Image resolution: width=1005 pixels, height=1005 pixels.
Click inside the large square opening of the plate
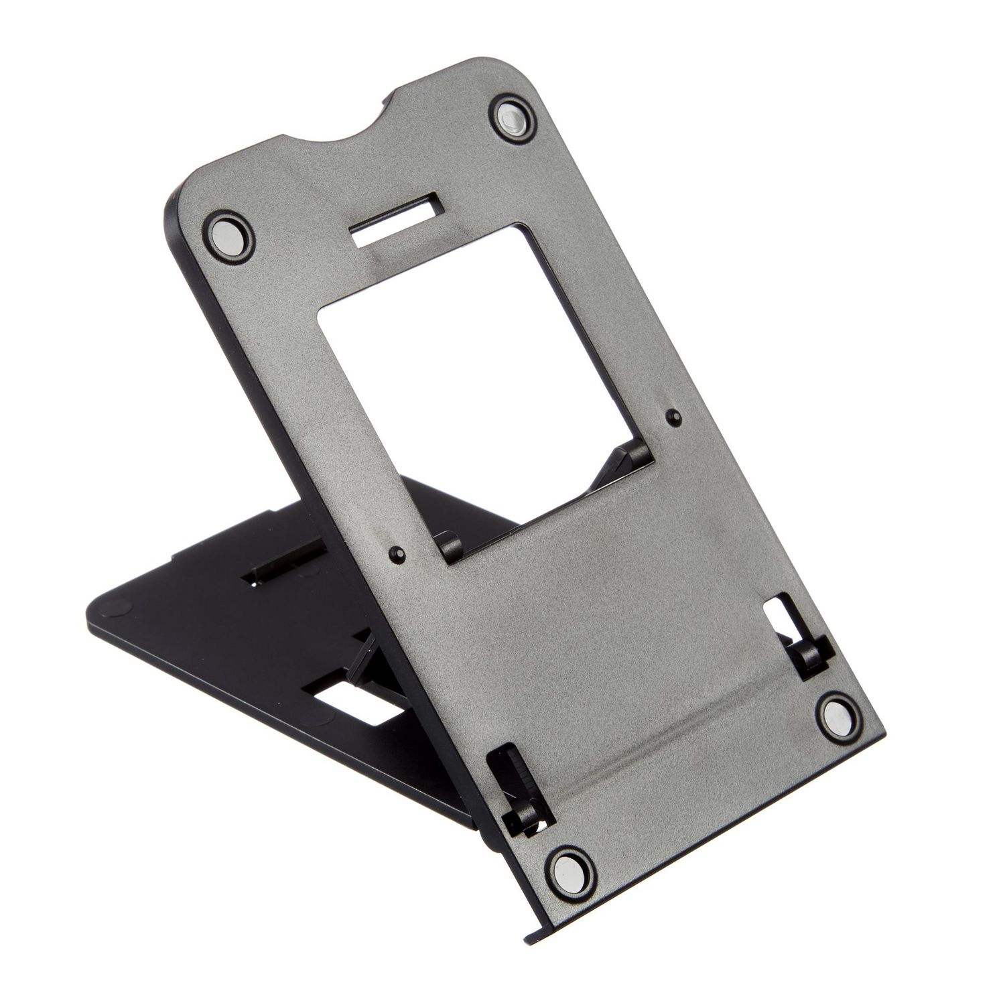[469, 375]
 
